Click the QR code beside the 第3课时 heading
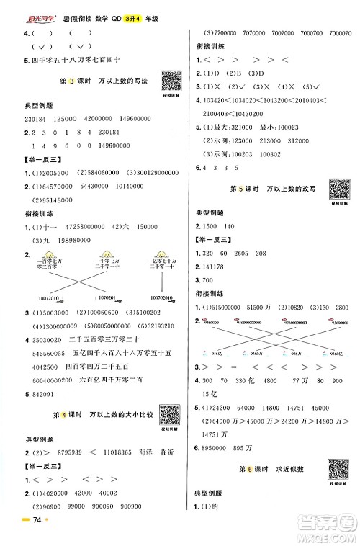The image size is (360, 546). tap(171, 81)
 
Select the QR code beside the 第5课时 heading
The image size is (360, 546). tap(340, 188)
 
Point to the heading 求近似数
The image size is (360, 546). tap(288, 470)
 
